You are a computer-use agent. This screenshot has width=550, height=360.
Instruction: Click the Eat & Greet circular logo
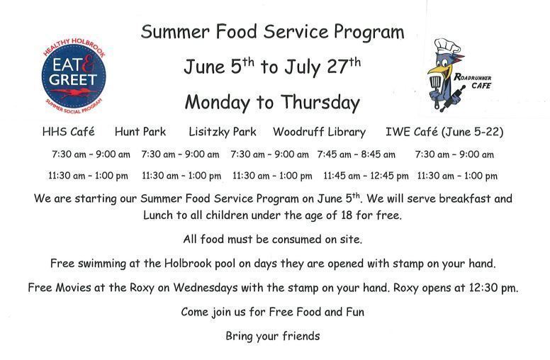74,75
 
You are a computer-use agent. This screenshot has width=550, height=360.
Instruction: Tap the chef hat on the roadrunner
447,46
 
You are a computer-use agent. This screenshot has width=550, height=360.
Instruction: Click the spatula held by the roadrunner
435,89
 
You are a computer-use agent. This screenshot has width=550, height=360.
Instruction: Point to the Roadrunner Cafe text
473,81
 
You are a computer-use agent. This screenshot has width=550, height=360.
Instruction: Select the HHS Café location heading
69,132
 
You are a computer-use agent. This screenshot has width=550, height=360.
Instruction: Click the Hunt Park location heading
140,132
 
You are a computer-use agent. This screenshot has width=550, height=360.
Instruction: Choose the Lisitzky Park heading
223,132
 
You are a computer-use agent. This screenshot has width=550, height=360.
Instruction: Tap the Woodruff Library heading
319,133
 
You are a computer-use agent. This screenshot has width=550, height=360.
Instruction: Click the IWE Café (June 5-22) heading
444,133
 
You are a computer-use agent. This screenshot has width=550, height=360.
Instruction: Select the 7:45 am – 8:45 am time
356,154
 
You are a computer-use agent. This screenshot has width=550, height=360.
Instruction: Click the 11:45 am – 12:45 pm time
366,176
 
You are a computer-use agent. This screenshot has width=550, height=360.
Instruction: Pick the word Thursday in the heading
320,103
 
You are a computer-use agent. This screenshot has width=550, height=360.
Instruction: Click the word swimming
102,264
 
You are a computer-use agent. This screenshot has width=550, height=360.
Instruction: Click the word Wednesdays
206,288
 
